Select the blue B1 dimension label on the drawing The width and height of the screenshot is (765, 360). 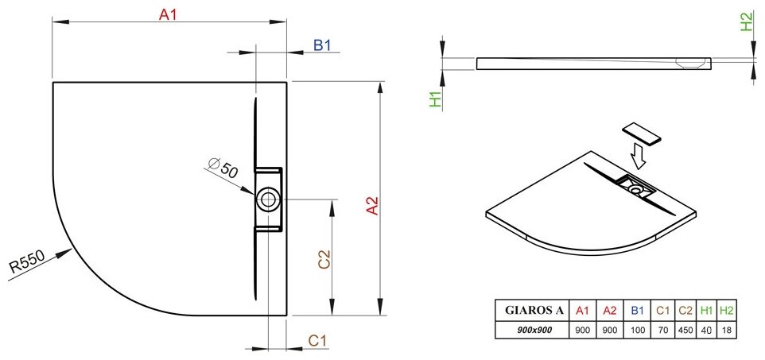pyautogui.click(x=322, y=45)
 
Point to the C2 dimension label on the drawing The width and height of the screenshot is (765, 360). pyautogui.click(x=324, y=261)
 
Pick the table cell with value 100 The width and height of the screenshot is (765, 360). pyautogui.click(x=636, y=328)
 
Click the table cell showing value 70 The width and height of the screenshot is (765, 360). pyautogui.click(x=661, y=328)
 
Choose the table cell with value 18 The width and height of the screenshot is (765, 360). pyautogui.click(x=725, y=328)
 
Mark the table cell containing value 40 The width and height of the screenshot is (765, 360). pyautogui.click(x=705, y=328)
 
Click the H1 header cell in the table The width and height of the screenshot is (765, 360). pyautogui.click(x=705, y=311)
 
